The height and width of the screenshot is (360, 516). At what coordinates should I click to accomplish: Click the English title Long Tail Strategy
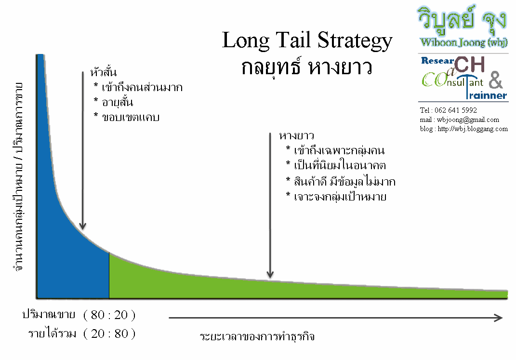pyautogui.click(x=307, y=40)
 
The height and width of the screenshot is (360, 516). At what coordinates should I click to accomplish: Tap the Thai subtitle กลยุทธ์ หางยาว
pyautogui.click(x=307, y=67)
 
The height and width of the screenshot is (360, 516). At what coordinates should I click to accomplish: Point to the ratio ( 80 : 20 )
pyautogui.click(x=109, y=316)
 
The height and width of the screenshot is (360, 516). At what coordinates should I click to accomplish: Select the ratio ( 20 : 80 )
pyautogui.click(x=109, y=333)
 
